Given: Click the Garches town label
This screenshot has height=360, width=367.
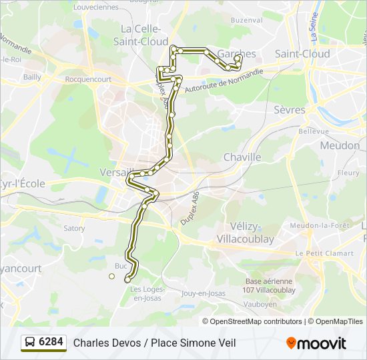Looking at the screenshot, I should [x=237, y=54].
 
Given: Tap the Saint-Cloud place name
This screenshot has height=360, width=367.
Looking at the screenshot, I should [x=302, y=54].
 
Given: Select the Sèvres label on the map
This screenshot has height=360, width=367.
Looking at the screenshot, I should [x=289, y=110].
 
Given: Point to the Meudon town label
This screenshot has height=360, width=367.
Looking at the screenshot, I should [x=340, y=145].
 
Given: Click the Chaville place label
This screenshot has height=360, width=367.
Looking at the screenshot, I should [x=242, y=157].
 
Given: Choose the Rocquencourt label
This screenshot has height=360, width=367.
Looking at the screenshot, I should [x=88, y=79].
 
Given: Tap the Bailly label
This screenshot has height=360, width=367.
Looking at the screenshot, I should [x=32, y=77].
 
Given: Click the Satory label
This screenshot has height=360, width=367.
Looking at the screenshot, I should [x=74, y=228].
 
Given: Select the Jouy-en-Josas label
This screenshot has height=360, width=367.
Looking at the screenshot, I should [x=203, y=293].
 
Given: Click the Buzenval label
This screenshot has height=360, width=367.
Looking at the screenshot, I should [x=247, y=20].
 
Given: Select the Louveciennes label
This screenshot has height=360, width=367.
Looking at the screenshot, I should [x=95, y=7].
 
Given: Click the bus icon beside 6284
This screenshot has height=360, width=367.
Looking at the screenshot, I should [x=31, y=343].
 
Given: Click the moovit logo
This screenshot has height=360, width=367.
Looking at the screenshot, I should [x=316, y=343].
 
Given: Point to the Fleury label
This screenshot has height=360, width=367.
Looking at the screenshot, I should [x=348, y=173].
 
